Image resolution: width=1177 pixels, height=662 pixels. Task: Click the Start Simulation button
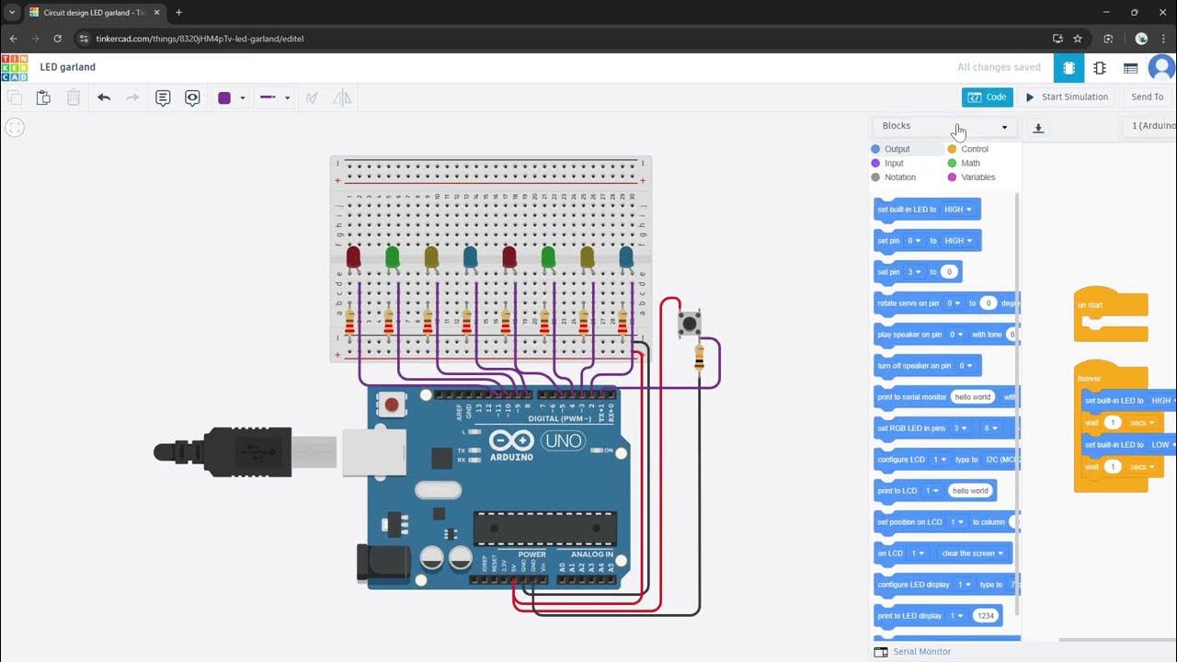tap(1067, 97)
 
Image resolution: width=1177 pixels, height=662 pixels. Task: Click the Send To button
tap(1147, 97)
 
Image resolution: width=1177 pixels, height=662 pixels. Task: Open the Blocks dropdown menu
tap(944, 127)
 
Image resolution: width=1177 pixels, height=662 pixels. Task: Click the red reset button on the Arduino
tap(393, 405)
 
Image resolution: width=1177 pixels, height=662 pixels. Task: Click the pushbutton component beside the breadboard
tap(689, 323)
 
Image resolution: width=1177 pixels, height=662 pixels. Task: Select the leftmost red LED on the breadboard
tap(353, 257)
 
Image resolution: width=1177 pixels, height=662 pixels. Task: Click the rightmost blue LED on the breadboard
tap(626, 257)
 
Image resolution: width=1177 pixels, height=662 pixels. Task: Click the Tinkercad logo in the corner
tap(15, 67)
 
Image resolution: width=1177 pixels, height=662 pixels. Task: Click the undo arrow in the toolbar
tap(104, 97)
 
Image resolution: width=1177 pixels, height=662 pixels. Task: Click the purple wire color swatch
tap(224, 98)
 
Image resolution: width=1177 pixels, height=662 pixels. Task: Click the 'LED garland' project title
tap(68, 67)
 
